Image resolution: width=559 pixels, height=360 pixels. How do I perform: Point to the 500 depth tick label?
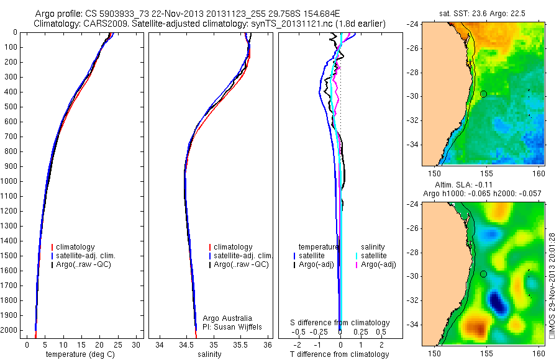[11, 107]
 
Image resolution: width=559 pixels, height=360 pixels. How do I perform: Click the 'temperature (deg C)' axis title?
[81, 354]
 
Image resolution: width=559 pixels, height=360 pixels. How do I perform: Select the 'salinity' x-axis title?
[209, 354]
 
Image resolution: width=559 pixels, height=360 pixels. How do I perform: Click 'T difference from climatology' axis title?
[339, 354]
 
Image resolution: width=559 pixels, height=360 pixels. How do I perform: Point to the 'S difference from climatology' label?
[340, 323]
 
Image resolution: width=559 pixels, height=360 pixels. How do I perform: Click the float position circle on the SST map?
[483, 94]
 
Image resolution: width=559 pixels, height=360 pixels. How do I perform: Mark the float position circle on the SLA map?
[483, 274]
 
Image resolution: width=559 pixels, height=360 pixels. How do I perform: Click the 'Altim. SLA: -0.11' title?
[484, 186]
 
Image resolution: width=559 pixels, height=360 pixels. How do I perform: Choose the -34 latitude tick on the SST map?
[413, 144]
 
